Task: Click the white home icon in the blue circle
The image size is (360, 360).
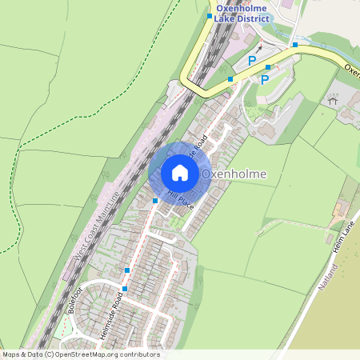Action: [x=180, y=173]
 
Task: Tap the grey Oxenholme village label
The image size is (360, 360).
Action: [x=234, y=174]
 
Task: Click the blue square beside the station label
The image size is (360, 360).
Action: [x=210, y=16]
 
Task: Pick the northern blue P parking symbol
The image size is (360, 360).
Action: [x=253, y=61]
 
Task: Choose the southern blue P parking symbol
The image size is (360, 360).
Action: [x=265, y=79]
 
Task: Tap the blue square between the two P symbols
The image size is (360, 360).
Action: [x=268, y=67]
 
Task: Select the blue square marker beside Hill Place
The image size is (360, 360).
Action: [x=155, y=200]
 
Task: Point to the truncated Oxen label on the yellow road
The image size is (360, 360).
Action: [x=351, y=69]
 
